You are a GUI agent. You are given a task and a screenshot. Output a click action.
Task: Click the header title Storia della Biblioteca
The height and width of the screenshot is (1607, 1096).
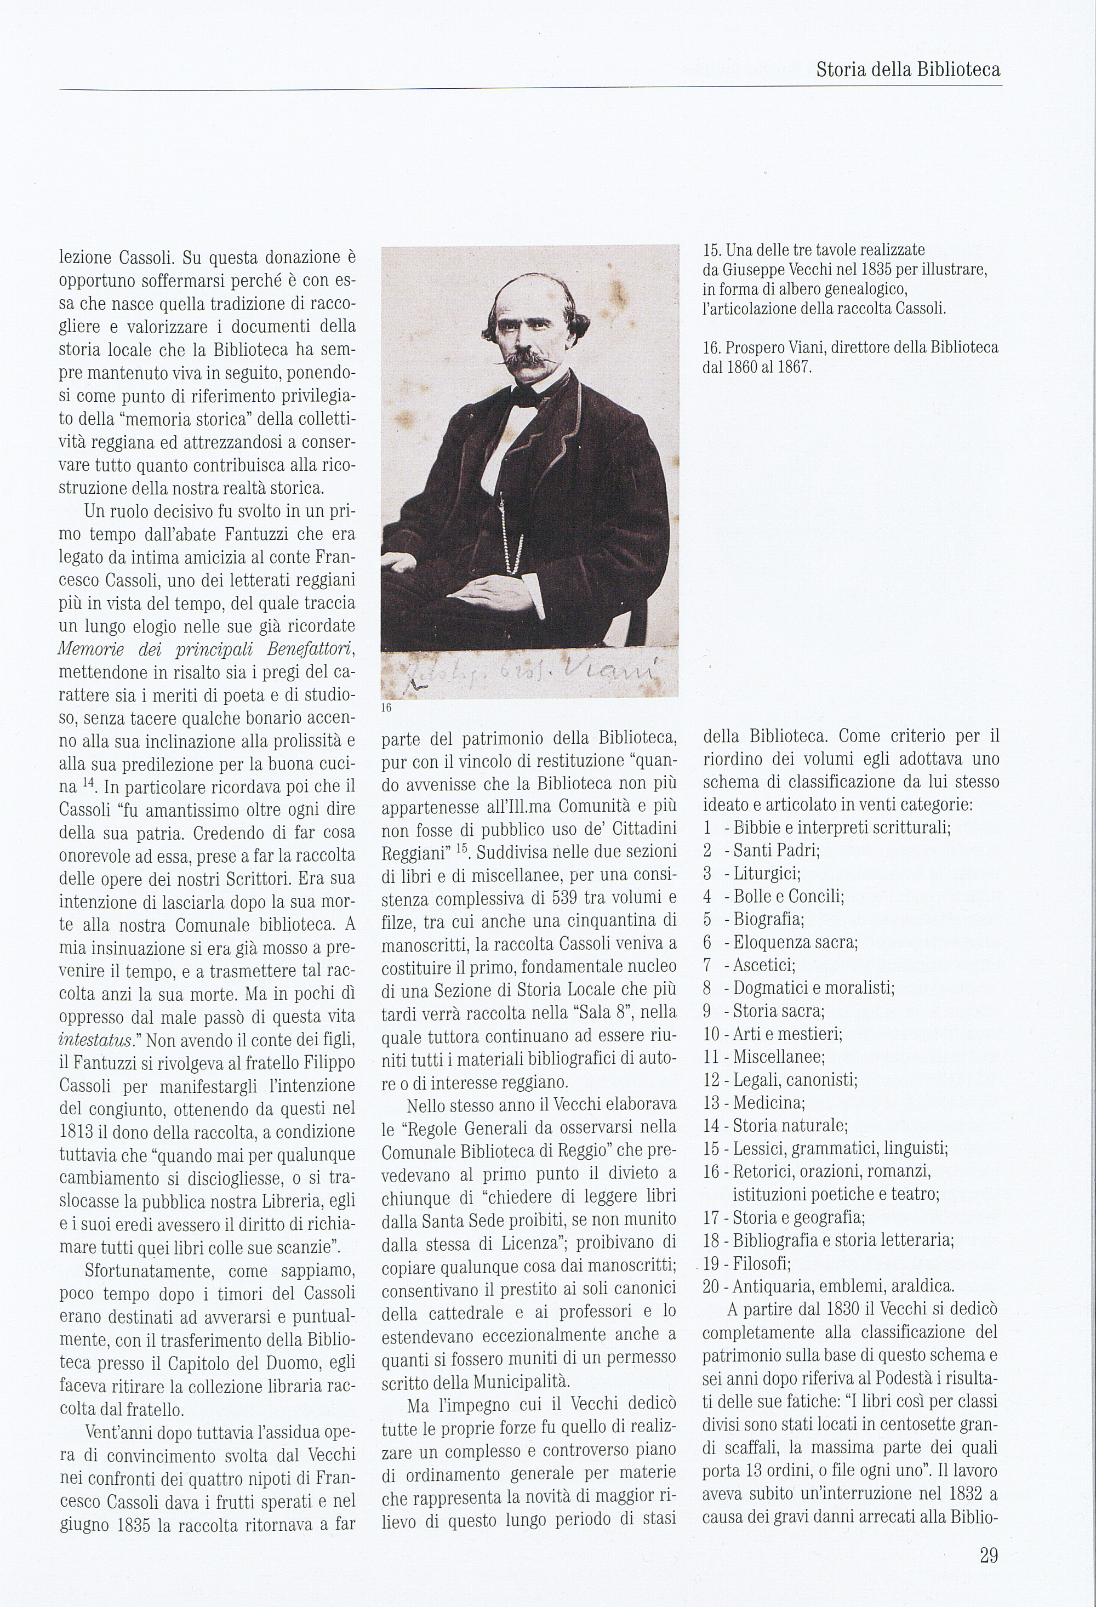coord(908,70)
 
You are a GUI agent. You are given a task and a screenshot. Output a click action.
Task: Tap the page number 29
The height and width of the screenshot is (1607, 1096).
coord(988,1555)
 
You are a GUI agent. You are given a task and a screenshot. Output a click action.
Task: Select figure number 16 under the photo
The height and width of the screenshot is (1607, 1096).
coord(386,708)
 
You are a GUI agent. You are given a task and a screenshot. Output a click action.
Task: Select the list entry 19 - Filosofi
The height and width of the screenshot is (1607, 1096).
coord(747,1264)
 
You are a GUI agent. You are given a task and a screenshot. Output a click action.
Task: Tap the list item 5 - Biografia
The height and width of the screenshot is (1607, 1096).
coord(753,919)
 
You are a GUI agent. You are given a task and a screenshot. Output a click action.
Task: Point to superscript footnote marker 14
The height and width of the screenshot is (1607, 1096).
coord(87,783)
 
